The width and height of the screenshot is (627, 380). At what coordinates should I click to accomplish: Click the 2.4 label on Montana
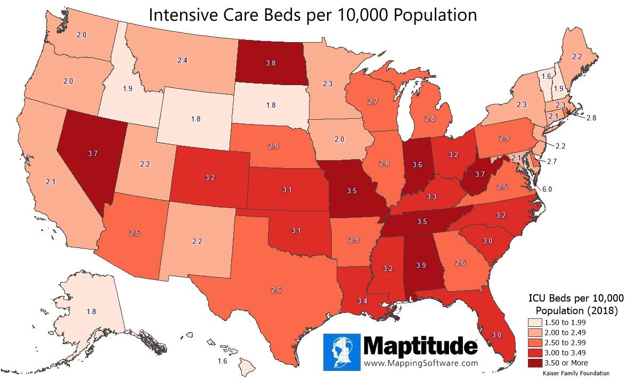pos(182,61)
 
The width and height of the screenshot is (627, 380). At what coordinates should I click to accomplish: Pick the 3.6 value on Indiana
pos(417,165)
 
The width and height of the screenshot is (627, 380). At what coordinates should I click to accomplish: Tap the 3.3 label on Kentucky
pos(431,197)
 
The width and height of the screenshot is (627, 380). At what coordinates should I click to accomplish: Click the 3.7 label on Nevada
pos(91,154)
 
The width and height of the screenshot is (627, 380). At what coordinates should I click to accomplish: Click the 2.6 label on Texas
pos(275,290)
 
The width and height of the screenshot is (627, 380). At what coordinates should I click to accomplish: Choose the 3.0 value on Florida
pos(496,334)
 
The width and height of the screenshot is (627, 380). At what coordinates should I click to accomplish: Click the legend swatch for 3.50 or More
pos(534,363)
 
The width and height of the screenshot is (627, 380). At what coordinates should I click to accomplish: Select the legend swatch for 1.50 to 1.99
pos(534,323)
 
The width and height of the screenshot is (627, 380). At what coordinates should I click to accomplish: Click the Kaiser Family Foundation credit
pos(575,374)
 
